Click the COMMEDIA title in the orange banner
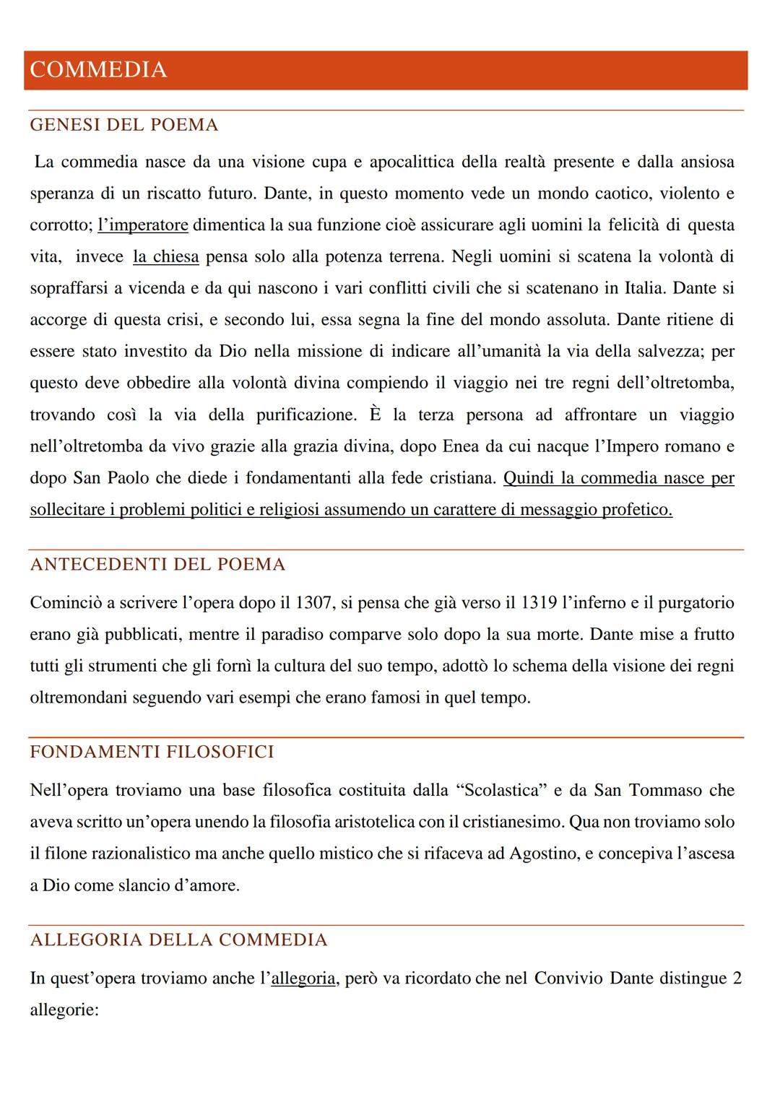point(98,70)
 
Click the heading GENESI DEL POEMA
point(123,125)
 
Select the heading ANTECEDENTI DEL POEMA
point(157,564)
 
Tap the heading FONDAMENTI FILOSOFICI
point(152,752)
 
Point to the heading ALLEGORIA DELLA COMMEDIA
point(178,940)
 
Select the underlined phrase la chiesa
point(166,256)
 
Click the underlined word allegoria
point(303,979)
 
